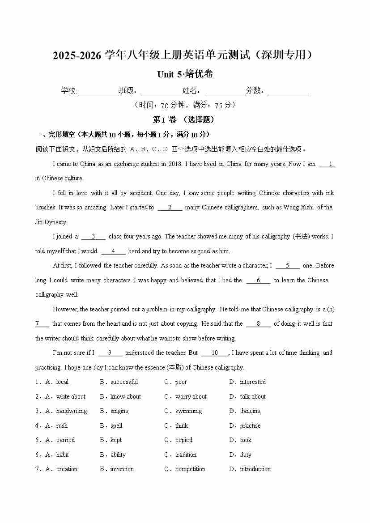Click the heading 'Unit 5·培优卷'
(185, 74)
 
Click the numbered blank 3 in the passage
(93, 237)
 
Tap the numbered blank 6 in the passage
(258, 281)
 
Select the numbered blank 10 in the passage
(215, 353)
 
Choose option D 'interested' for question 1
(252, 382)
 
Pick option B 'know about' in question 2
(125, 396)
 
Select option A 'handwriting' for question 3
(71, 411)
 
